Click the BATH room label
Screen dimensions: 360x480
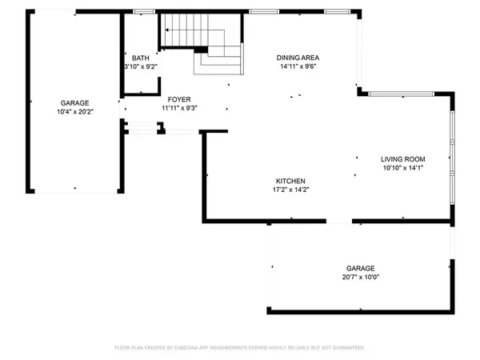coord(140,58)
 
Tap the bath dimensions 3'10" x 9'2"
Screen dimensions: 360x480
coord(140,67)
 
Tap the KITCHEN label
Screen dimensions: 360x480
coord(290,181)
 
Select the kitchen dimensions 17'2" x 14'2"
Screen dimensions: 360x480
coord(290,190)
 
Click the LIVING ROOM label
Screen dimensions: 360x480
coord(402,159)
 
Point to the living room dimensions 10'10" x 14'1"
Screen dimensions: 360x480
coord(402,168)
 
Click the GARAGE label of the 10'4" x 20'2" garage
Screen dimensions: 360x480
coord(75,103)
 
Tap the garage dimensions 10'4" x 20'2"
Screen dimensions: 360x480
coord(75,112)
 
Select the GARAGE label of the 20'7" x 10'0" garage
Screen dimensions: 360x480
coord(360,269)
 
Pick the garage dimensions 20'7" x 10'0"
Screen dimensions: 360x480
coord(360,278)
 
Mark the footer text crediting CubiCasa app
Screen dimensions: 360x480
coord(240,348)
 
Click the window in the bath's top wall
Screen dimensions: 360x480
coord(144,12)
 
